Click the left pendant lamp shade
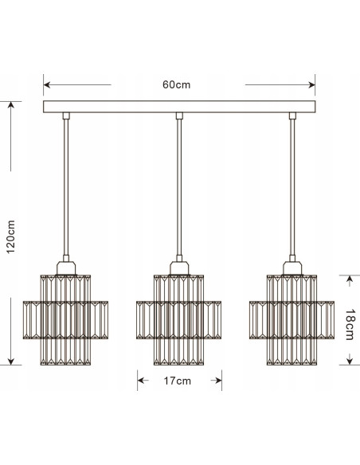(x=65, y=318)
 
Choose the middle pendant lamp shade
(x=178, y=318)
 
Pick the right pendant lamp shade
(x=292, y=318)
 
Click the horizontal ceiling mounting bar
(x=179, y=107)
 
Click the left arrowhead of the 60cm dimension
(x=47, y=84)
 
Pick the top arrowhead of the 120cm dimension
(x=10, y=104)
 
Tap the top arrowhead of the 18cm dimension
(x=349, y=277)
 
